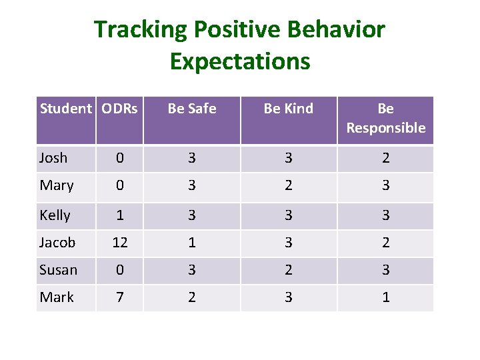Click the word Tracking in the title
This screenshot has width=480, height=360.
(x=131, y=30)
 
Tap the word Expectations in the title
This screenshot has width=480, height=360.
(x=240, y=61)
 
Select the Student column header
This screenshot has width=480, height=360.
(x=65, y=109)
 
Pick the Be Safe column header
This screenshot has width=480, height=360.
(x=192, y=109)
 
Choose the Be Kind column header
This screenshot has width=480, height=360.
(x=288, y=109)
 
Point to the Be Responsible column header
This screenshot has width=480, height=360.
(x=385, y=118)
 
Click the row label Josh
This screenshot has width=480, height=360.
(x=53, y=158)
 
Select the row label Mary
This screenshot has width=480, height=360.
(x=57, y=185)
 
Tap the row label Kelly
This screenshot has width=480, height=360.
(x=55, y=215)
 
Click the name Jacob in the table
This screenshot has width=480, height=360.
(x=57, y=243)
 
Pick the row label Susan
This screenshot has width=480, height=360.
(x=59, y=270)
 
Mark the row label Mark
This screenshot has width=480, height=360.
(x=57, y=297)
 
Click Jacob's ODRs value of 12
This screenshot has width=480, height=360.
(x=120, y=243)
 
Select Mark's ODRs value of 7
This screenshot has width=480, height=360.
(x=120, y=297)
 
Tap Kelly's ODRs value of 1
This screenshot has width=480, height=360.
(x=120, y=215)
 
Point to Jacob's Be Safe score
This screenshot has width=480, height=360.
(x=192, y=243)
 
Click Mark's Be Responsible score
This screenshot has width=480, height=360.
(x=385, y=297)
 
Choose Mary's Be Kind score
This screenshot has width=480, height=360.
(x=288, y=185)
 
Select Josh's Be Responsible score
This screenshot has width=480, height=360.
(x=385, y=158)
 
